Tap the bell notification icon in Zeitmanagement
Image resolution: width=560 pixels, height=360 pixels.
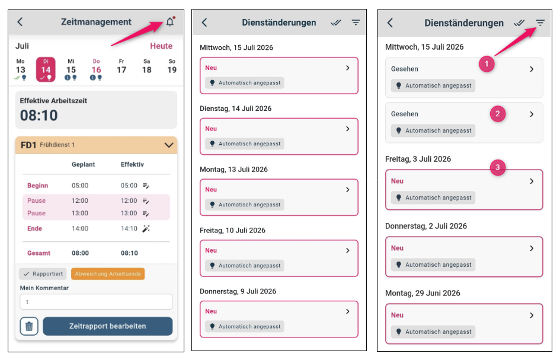click(x=170, y=22)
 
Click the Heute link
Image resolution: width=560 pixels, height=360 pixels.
click(x=161, y=46)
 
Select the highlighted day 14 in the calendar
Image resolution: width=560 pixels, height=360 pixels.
click(x=46, y=69)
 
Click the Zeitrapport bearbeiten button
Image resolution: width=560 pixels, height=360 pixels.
click(x=107, y=326)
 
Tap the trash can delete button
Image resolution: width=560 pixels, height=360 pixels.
click(x=29, y=326)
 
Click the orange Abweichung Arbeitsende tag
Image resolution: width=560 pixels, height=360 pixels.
click(x=108, y=274)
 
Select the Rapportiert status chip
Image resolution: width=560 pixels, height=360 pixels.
click(x=43, y=274)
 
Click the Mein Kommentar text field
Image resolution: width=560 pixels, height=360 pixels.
click(x=96, y=302)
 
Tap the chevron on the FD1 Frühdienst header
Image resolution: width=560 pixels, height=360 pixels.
click(x=168, y=145)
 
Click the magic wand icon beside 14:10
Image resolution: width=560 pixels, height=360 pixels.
click(x=146, y=228)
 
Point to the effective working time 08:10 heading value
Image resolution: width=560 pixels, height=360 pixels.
click(x=39, y=115)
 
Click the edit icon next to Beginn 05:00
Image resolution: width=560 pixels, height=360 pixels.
click(x=146, y=186)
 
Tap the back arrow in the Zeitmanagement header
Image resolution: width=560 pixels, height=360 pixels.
click(x=20, y=22)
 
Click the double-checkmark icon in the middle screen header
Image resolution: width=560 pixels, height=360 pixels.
click(x=336, y=23)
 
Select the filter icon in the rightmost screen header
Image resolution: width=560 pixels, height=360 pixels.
click(x=540, y=23)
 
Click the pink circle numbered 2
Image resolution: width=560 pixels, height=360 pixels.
click(x=498, y=114)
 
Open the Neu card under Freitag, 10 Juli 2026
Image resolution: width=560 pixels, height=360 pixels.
click(x=279, y=259)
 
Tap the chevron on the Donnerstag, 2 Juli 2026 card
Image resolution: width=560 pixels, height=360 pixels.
click(x=532, y=249)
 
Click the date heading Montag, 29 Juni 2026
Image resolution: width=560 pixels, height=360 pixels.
click(x=423, y=293)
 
